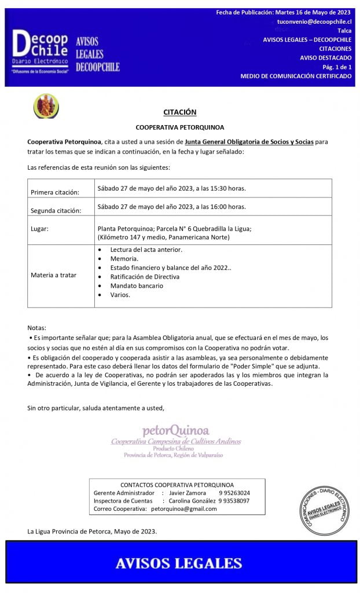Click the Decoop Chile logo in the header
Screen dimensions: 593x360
(41, 50)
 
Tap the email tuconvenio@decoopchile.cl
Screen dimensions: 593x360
(314, 21)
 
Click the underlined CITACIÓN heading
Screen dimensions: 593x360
(179, 112)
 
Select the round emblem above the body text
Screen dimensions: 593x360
(46, 107)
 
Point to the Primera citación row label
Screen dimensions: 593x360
(55, 192)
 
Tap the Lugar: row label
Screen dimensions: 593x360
(39, 229)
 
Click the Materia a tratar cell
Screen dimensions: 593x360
(53, 275)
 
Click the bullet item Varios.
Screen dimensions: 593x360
(120, 295)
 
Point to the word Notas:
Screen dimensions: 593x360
(36, 328)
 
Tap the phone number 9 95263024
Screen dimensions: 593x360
(234, 493)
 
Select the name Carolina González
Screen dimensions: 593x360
(192, 501)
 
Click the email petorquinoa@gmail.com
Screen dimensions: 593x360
(183, 509)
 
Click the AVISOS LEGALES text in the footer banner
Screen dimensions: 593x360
(179, 563)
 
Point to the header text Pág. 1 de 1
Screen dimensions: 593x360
(337, 67)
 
